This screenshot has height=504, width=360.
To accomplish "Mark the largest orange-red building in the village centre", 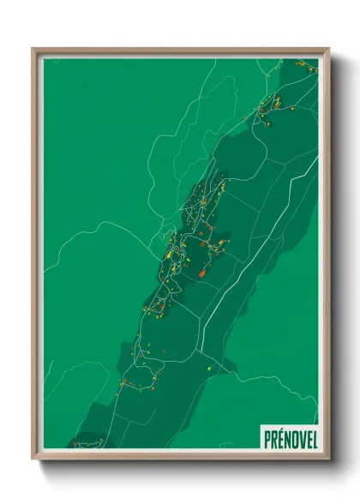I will click(202, 273).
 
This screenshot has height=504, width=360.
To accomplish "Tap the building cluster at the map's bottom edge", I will click(86, 443).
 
